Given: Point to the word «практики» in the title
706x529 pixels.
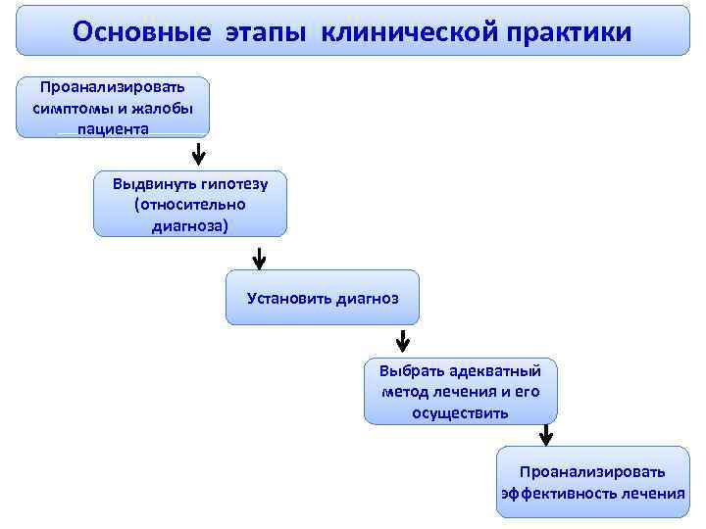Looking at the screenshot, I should coord(570,31).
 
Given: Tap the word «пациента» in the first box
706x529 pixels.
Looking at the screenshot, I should coord(114,128).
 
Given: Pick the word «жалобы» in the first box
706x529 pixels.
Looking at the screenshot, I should coord(159,108).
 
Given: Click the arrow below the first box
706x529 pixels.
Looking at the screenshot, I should coord(198,155).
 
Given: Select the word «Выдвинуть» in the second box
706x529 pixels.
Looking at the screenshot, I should coord(152,183).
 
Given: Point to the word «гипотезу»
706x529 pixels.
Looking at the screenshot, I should coord(233,183).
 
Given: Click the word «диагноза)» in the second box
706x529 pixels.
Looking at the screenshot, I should coord(190,226).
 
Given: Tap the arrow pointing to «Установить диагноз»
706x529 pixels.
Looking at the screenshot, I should coord(259,258).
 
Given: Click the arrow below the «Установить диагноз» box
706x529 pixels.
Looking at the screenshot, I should coord(402,342).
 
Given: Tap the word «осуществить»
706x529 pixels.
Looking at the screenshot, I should coord(460,412).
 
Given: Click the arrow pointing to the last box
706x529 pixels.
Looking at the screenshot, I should coord(545,435).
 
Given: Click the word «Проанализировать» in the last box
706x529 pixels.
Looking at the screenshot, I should coord(592,471).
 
